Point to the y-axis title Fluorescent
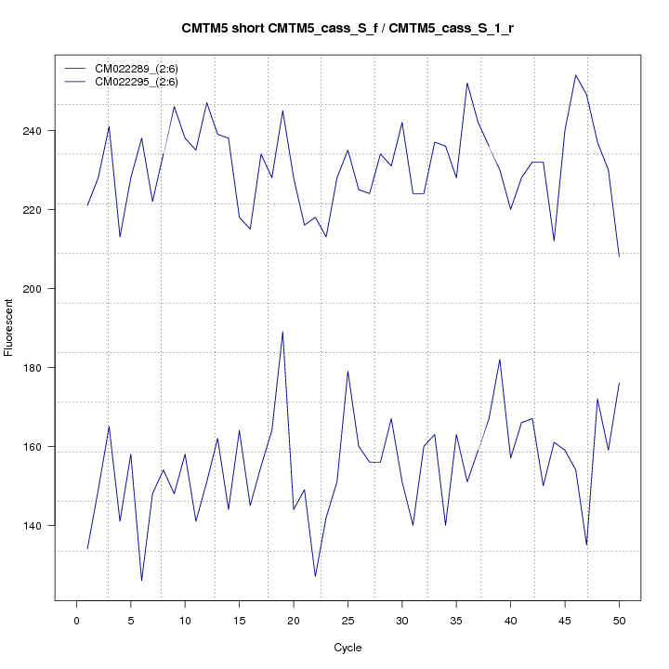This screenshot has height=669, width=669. (x=9, y=327)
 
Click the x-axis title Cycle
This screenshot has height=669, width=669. (x=348, y=648)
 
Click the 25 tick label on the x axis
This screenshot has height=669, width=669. (x=348, y=620)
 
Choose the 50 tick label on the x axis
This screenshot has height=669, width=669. (x=619, y=620)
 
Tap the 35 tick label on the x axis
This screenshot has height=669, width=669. (x=456, y=620)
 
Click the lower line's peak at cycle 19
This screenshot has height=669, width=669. (x=282, y=332)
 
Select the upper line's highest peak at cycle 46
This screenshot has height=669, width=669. (x=576, y=75)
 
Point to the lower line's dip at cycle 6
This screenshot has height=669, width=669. (x=141, y=581)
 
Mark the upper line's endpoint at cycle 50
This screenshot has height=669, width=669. (x=619, y=256)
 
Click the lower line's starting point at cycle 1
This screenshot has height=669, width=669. (x=87, y=549)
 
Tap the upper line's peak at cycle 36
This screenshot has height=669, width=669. (x=467, y=83)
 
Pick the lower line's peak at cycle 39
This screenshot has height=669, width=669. (x=500, y=360)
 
